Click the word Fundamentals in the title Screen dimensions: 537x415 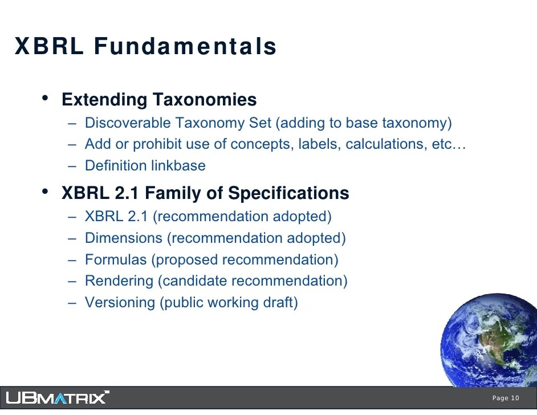click(x=185, y=46)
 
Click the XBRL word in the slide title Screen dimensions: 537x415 click(x=49, y=46)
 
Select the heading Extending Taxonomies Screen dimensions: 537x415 click(x=159, y=100)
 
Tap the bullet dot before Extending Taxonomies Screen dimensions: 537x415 click(x=45, y=98)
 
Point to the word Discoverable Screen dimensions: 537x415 click(x=128, y=123)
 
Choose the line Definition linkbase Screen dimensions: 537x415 click(x=145, y=165)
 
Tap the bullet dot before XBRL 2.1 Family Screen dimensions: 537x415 click(x=45, y=192)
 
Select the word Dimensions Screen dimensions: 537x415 click(x=124, y=238)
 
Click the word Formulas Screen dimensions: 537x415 click(x=116, y=259)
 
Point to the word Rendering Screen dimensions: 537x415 click(x=119, y=281)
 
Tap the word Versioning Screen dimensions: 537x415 click(x=120, y=302)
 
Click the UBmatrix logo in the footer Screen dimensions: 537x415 click(x=58, y=397)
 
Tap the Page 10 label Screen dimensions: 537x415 click(x=506, y=398)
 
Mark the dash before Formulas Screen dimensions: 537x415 click(x=72, y=260)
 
